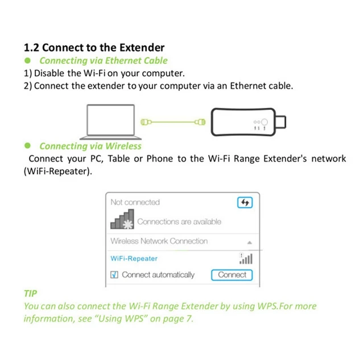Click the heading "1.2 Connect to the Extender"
[x=94, y=47]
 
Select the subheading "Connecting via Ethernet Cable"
[x=104, y=60]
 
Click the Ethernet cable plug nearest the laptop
[x=145, y=122]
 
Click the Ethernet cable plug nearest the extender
[x=199, y=122]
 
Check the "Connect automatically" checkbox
[x=114, y=275]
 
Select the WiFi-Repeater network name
[x=134, y=258]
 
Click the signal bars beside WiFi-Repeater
[x=246, y=259]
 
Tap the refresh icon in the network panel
[x=245, y=202]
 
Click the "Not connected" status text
[x=135, y=202]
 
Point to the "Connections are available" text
[x=179, y=222]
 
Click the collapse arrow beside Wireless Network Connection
[x=249, y=242]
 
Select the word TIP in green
[x=30, y=293]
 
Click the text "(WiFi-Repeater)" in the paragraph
[x=57, y=171]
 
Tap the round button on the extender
[x=264, y=121]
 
